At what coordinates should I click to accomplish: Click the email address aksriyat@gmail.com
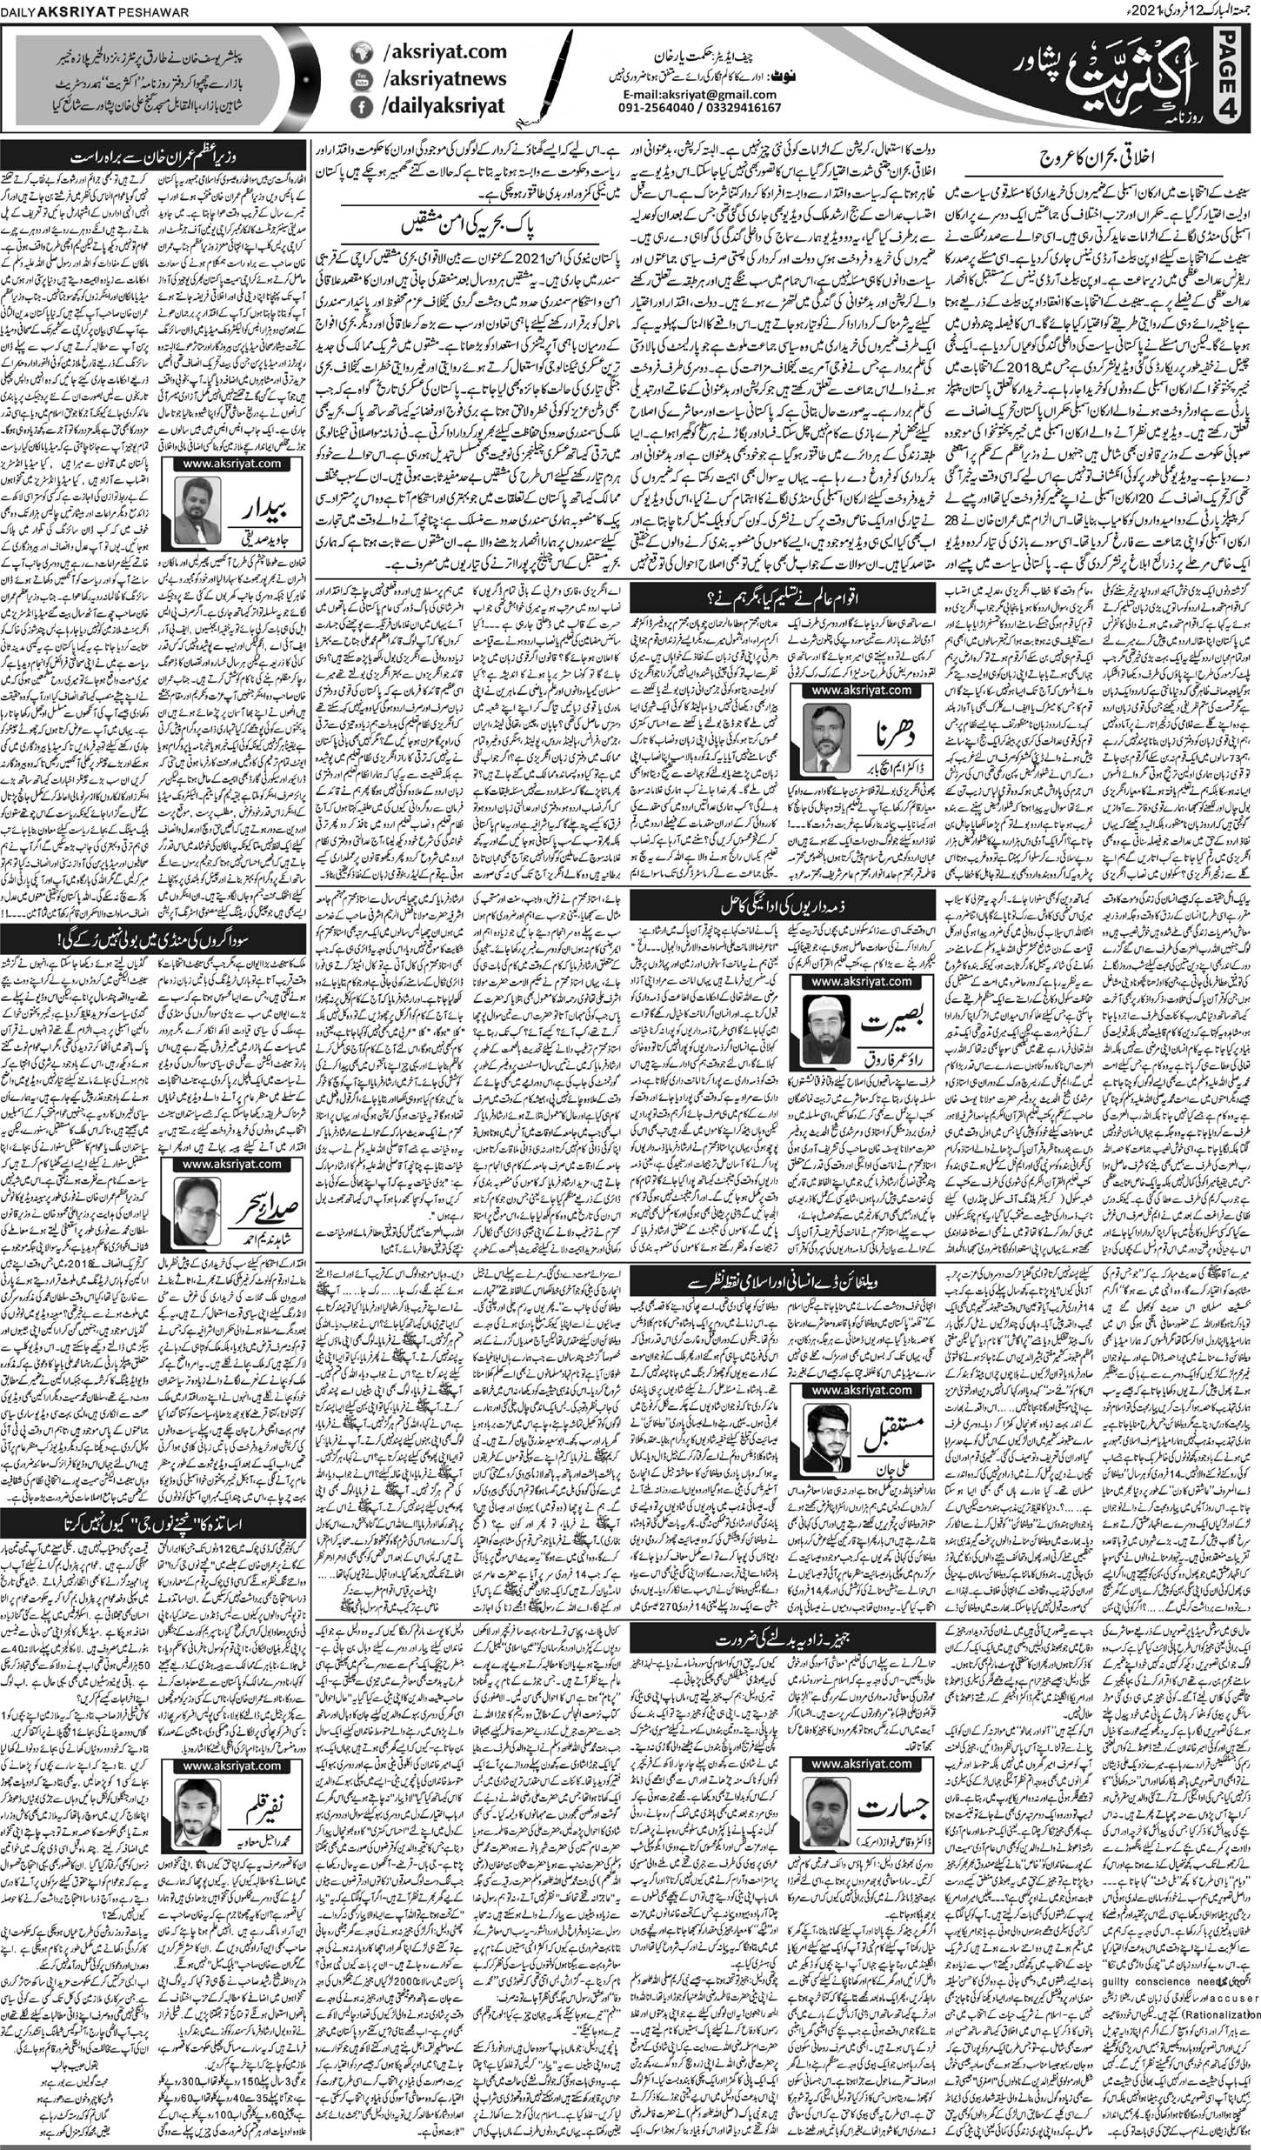(703, 93)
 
